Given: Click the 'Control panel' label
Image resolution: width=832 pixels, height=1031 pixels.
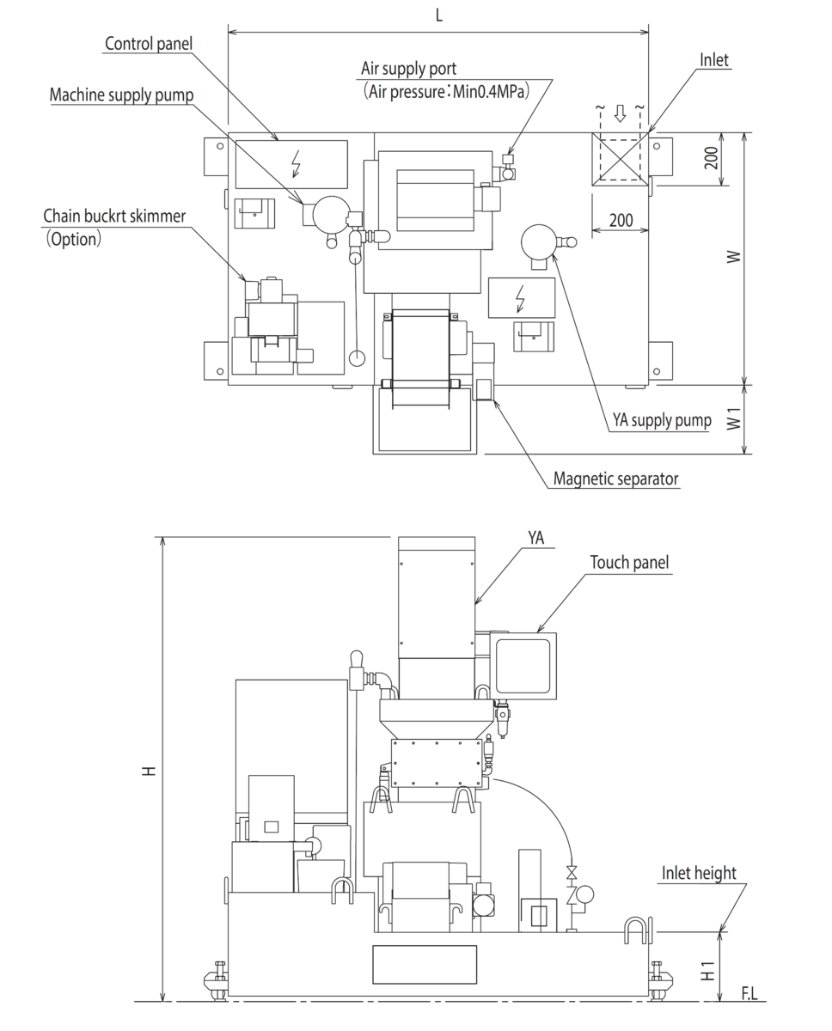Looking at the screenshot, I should (149, 43).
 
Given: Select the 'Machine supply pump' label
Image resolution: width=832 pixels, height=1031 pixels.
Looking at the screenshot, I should (121, 95).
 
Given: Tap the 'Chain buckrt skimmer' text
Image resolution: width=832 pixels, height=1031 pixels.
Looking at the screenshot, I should (113, 217).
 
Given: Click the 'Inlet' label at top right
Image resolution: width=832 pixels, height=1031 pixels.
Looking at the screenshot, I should (714, 60).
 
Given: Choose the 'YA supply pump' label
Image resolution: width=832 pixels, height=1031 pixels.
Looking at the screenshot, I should (662, 420).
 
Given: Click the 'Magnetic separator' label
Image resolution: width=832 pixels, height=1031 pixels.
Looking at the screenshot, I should (616, 479).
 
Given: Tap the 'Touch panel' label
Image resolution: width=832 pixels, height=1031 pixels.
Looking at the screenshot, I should (629, 562).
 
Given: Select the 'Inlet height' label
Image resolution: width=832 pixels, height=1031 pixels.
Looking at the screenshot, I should (699, 873).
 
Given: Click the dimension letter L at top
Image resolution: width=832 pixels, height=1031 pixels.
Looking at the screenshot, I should (439, 15).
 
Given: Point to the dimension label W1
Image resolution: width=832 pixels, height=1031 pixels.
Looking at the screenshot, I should (733, 420).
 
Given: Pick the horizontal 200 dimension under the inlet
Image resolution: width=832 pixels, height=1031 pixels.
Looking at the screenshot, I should (621, 220).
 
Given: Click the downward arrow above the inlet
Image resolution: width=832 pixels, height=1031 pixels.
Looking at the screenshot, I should (620, 115).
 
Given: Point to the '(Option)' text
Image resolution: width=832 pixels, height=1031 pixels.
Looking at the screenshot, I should (74, 239).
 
